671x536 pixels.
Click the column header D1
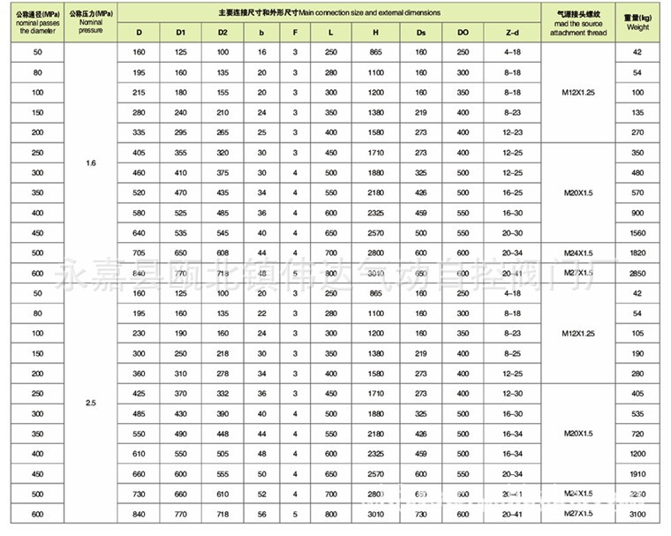click(181, 33)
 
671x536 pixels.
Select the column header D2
click(222, 33)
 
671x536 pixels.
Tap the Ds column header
click(420, 33)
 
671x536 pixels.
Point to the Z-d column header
click(512, 33)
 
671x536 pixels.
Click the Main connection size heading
click(329, 12)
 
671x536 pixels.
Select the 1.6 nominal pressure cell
click(91, 164)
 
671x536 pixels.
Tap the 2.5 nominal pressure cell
click(91, 402)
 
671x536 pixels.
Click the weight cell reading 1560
click(637, 233)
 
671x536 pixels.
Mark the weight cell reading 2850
click(637, 273)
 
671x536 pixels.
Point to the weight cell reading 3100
click(637, 515)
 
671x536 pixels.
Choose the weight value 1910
click(637, 473)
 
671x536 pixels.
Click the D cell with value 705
click(139, 253)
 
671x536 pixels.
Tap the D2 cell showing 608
click(222, 253)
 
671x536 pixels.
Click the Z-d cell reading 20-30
click(512, 233)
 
